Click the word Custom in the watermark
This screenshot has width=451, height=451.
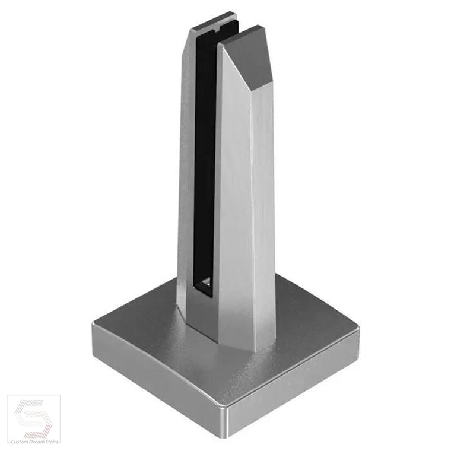click(18, 442)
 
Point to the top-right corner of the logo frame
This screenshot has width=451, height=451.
click(60, 395)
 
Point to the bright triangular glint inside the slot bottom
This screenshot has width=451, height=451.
click(207, 281)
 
